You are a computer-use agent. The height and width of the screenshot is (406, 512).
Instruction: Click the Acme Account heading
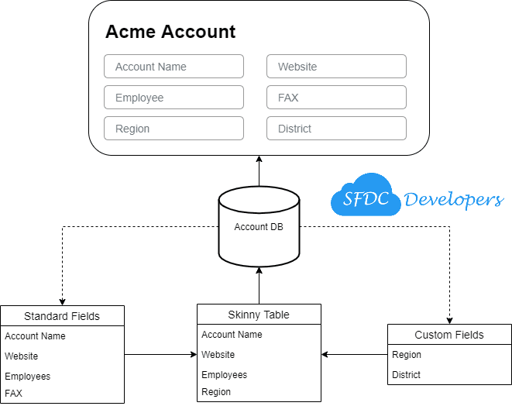click(x=170, y=33)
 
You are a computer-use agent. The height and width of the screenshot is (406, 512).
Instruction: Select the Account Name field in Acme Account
click(x=174, y=67)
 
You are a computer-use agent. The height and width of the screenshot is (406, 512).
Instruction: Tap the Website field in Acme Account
click(x=336, y=67)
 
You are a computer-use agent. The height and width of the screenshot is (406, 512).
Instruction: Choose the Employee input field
click(x=174, y=98)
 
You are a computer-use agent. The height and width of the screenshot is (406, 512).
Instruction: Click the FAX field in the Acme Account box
click(x=336, y=98)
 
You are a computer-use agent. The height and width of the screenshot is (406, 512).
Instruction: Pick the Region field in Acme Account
click(x=174, y=129)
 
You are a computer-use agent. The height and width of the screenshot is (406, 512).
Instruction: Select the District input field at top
click(x=336, y=129)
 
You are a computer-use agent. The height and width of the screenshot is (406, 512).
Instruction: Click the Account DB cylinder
click(x=259, y=227)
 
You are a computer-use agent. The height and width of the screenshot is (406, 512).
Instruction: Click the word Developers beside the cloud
click(x=454, y=199)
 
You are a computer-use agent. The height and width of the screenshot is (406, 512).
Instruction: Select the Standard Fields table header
click(x=62, y=315)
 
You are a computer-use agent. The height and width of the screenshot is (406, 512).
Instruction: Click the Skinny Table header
click(x=259, y=314)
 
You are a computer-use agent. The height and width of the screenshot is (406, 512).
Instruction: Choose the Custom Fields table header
click(x=449, y=335)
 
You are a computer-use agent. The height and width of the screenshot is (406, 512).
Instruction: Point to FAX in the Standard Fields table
click(x=14, y=393)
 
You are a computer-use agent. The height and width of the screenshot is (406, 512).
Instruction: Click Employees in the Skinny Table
click(x=225, y=374)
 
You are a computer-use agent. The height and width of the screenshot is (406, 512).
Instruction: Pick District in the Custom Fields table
click(x=407, y=374)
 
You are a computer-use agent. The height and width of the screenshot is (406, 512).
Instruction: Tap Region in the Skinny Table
click(x=216, y=391)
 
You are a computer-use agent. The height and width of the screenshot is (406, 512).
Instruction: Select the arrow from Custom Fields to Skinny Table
click(x=354, y=355)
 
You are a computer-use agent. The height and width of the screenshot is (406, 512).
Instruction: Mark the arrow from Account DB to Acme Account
click(x=259, y=170)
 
